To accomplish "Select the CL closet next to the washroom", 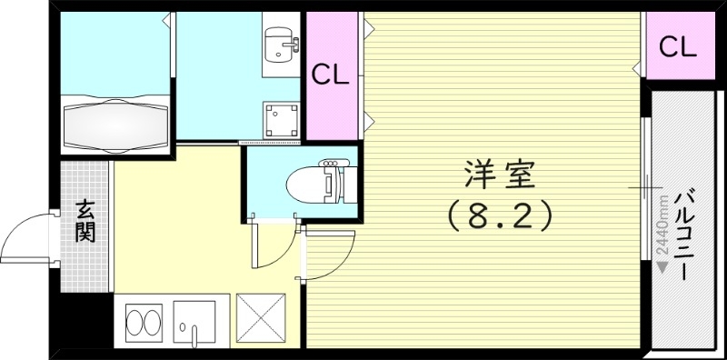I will click(331, 76).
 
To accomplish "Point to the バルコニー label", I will click(688, 234).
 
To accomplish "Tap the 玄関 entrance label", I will click(85, 221).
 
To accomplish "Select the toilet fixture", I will click(314, 184).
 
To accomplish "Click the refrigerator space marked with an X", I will click(258, 319).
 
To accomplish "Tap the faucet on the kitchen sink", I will click(186, 329).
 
